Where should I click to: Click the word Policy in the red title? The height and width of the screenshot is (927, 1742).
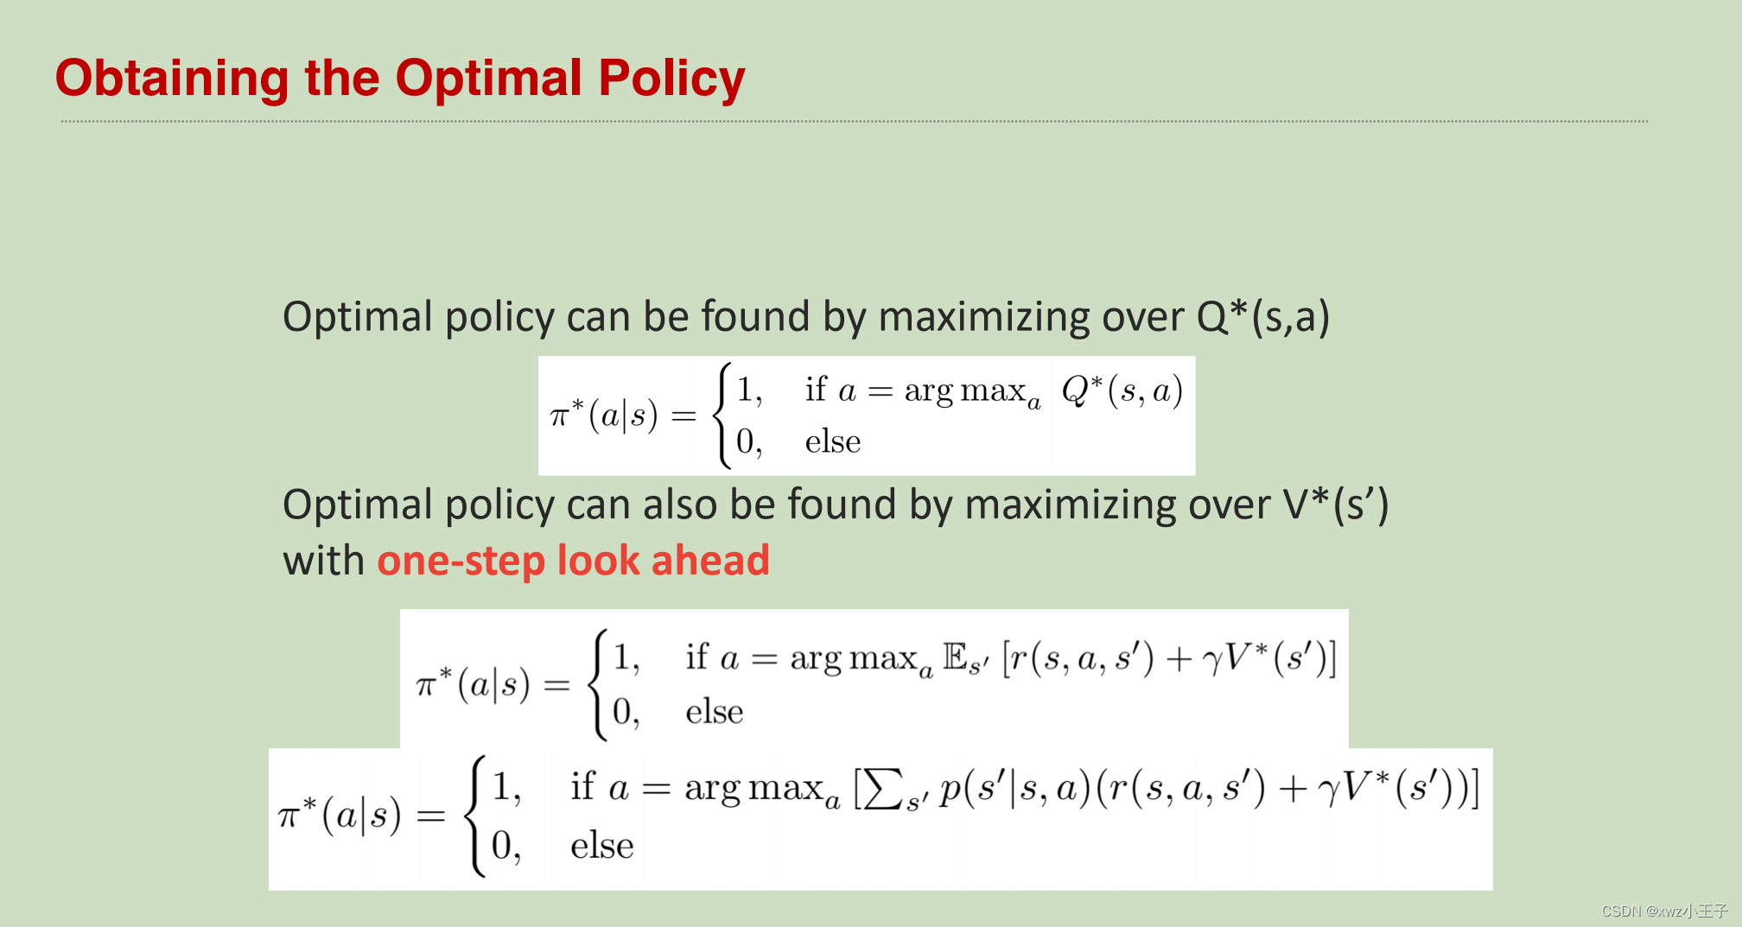[671, 79]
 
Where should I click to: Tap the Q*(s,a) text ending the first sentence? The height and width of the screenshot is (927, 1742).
[1262, 317]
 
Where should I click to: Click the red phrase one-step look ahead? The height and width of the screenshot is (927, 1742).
[573, 561]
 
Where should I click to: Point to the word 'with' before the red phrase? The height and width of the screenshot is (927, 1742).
[324, 561]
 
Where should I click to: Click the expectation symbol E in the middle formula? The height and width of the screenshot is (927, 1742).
[955, 657]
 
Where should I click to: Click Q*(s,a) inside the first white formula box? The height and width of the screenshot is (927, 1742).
[1122, 391]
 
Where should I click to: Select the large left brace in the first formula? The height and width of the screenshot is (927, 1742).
[722, 416]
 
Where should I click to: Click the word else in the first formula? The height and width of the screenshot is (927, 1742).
[832, 441]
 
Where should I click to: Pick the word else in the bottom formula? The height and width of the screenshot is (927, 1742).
[601, 846]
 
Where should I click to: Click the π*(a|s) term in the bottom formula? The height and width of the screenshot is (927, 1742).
[340, 815]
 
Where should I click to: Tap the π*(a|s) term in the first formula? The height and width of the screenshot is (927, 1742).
[604, 416]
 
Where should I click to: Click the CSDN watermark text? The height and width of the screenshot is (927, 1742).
[1663, 911]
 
